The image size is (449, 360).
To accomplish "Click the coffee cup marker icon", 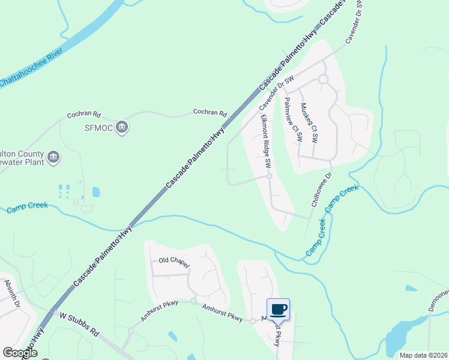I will point(278,310).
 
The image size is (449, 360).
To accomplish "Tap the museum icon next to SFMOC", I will point(122,127).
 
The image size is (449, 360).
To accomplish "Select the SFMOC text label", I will point(98,127).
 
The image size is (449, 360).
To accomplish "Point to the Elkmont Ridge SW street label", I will point(265,142).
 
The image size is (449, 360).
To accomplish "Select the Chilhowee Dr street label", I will point(321,190).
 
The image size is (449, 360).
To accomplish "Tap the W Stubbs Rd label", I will point(79,324).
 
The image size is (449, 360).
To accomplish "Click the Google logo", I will point(20,353).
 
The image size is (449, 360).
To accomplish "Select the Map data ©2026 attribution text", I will point(423,355).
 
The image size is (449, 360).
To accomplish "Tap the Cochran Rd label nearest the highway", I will point(209,112).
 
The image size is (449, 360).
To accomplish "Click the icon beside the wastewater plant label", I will point(53,157).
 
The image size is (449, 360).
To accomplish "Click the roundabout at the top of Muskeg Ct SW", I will point(323,79).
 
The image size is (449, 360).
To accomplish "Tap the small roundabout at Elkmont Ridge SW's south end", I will point(270,176).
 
